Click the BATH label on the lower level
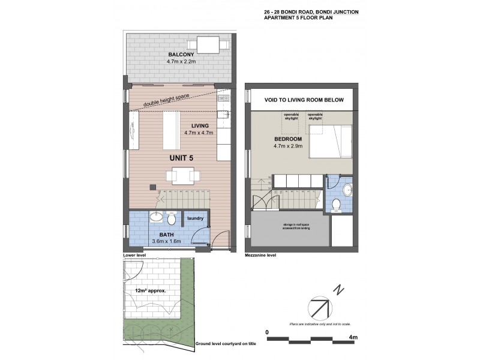167,235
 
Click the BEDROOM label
287,139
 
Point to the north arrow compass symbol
319,309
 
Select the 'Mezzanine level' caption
260,255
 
